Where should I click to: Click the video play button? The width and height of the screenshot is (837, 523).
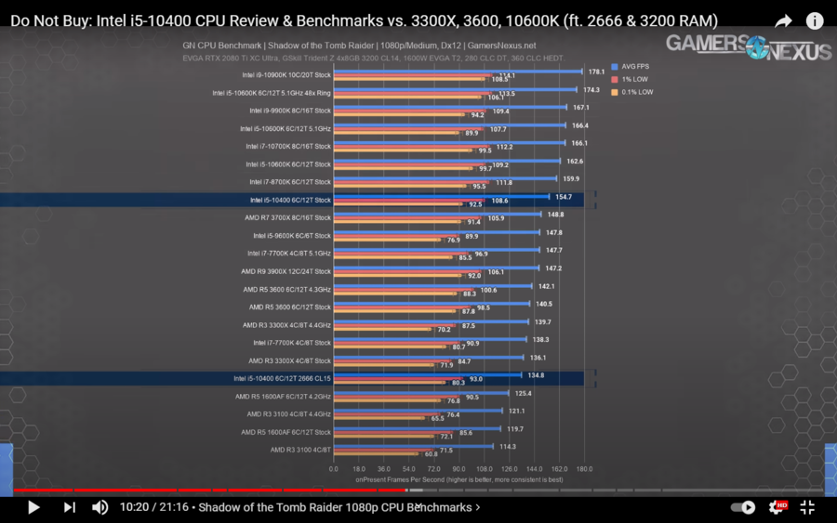tap(33, 507)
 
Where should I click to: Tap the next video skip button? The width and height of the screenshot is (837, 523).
tap(69, 507)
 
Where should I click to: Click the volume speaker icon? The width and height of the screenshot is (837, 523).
tap(100, 507)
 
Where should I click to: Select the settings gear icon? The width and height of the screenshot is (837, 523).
tap(776, 507)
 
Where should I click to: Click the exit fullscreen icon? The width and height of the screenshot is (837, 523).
tap(807, 507)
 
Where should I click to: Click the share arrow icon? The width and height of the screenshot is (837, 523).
tap(783, 20)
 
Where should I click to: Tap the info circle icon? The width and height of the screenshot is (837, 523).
tap(815, 20)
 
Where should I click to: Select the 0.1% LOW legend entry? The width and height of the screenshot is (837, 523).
tap(635, 92)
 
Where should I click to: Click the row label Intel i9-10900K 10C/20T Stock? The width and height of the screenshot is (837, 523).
tap(286, 75)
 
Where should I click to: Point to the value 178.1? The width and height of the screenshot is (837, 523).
tap(597, 72)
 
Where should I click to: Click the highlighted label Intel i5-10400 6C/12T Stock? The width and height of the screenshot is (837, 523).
tap(290, 200)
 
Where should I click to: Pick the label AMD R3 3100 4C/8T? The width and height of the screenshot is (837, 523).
tap(300, 450)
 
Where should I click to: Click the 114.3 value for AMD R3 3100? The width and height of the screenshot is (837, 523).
tap(507, 447)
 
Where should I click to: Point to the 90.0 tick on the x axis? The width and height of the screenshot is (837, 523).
tap(458, 469)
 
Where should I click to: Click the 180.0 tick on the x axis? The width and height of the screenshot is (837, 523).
tap(584, 469)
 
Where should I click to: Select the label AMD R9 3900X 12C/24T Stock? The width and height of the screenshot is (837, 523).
tap(286, 271)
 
